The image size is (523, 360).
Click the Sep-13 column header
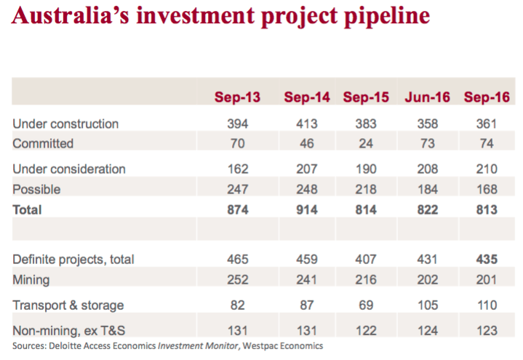pyautogui.click(x=237, y=97)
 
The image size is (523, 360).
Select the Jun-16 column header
pyautogui.click(x=427, y=97)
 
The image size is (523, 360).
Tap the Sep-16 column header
pyautogui.click(x=487, y=97)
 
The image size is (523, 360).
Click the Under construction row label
pyautogui.click(x=65, y=124)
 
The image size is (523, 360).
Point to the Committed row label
pyautogui.click(x=43, y=143)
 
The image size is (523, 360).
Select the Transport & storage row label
pyautogui.click(x=68, y=305)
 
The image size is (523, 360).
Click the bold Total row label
pyautogui.click(x=27, y=210)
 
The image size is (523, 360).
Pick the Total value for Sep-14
pyautogui.click(x=307, y=210)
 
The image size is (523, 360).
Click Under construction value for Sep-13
pyautogui.click(x=237, y=124)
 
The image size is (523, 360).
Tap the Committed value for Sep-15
pyautogui.click(x=366, y=143)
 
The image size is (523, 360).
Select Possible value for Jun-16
pyautogui.click(x=428, y=190)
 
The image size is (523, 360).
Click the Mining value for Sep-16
pyautogui.click(x=487, y=279)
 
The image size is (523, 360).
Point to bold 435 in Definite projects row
pyautogui.click(x=487, y=259)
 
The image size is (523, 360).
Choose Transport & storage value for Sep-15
pyautogui.click(x=366, y=305)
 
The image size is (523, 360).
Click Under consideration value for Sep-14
pyautogui.click(x=307, y=169)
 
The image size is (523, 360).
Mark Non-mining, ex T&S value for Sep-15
pyautogui.click(x=366, y=331)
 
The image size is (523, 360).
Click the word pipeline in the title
pyautogui.click(x=387, y=17)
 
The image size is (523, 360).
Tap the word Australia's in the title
pyautogui.click(x=71, y=15)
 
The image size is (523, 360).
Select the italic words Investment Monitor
pyautogui.click(x=198, y=346)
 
